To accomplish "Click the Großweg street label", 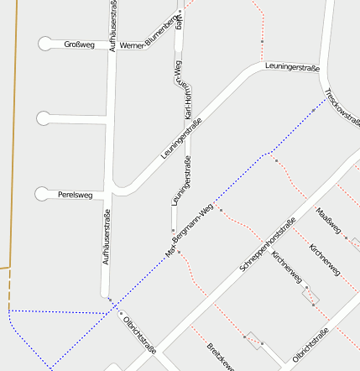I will pos(79,45).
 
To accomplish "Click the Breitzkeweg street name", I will pos(220,357).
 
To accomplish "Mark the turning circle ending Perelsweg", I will pos(42,195).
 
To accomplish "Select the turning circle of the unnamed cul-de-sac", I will pos(44,118).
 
